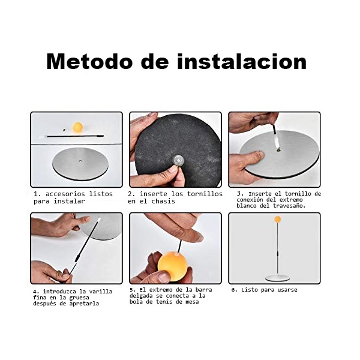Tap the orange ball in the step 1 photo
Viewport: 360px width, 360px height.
tap(77, 127)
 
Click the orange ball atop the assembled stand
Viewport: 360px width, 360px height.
tap(277, 220)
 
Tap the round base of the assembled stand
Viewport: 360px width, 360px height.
tap(277, 277)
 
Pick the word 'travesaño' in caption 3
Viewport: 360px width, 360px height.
tap(290, 206)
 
